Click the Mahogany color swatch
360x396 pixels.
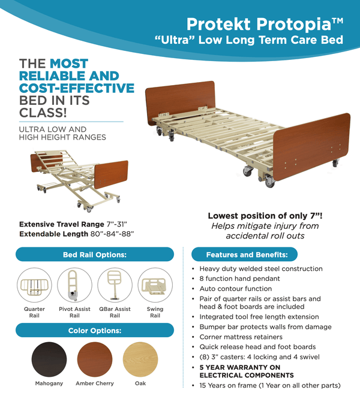pyautogui.click(x=49, y=359)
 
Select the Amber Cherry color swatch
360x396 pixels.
pyautogui.click(x=95, y=359)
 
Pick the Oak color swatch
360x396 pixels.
pyautogui.click(x=140, y=359)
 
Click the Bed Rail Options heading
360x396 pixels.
pyautogui.click(x=95, y=254)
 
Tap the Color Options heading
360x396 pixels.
pyautogui.click(x=95, y=330)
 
